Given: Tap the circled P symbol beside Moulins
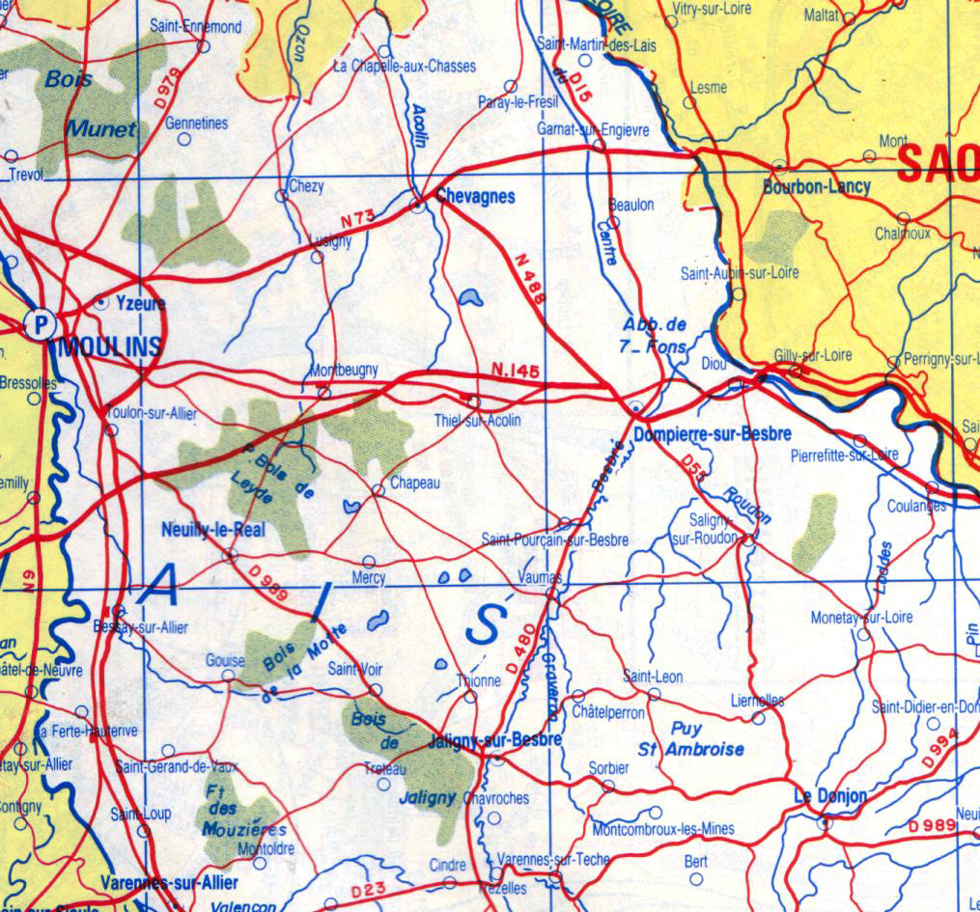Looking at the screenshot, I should click(x=40, y=323).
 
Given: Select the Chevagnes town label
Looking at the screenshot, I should click(x=475, y=196).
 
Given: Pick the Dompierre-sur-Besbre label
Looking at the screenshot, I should click(x=713, y=434).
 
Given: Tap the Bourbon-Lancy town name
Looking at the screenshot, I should click(x=817, y=186).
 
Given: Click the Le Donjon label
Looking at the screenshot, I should click(x=830, y=796).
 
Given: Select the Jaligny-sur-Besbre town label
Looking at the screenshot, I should click(x=494, y=740).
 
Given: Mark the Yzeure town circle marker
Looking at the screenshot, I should click(x=100, y=302).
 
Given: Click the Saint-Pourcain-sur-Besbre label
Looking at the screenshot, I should click(x=555, y=539).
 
